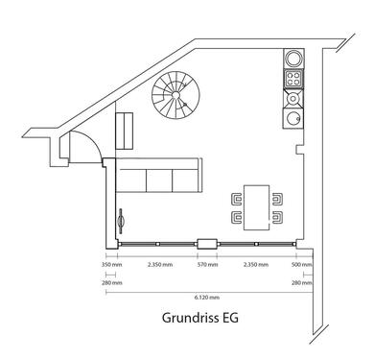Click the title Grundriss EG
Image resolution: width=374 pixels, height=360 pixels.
[200, 318]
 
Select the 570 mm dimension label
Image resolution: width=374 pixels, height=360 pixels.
[207, 265]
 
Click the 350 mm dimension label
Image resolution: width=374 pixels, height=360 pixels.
[112, 265]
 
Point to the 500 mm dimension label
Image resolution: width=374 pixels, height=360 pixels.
[302, 265]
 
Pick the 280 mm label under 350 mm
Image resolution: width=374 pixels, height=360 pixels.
[112, 283]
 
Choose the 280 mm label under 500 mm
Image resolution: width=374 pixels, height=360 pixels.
[302, 283]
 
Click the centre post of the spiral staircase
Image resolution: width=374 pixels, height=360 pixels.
[175, 95]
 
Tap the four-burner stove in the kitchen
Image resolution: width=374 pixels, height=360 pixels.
[293, 79]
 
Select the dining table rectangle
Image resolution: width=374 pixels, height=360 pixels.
[257, 207]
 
